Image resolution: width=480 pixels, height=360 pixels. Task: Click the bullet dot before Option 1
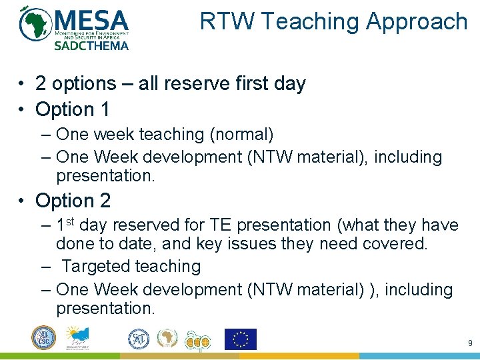point(23,109)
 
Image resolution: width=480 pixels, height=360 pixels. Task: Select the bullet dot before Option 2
point(23,201)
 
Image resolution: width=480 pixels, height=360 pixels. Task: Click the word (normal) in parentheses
point(241,134)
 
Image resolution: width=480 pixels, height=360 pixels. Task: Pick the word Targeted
point(96,266)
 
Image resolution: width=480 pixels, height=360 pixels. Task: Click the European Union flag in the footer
point(241,339)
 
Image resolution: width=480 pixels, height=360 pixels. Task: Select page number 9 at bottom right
point(469,343)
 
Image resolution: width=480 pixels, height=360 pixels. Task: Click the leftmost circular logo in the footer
point(44,338)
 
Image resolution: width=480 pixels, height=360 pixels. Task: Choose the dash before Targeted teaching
point(45,266)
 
